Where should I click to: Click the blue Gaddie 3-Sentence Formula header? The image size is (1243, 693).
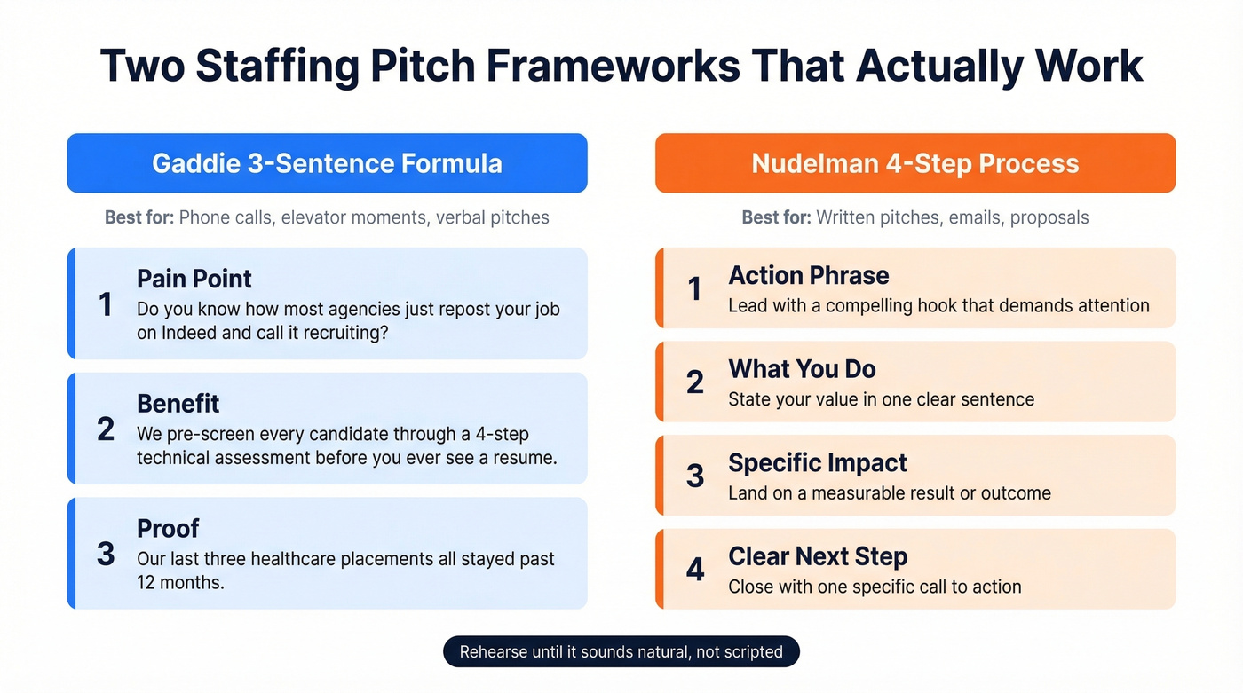[327, 163]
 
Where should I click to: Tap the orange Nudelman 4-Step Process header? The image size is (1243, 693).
[914, 163]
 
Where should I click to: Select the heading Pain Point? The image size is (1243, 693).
[194, 279]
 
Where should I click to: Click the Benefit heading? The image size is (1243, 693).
[178, 404]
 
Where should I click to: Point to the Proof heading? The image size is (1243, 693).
[168, 528]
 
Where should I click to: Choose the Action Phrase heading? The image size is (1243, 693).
[808, 275]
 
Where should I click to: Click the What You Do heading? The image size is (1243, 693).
[802, 369]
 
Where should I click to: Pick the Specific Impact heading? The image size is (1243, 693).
[817, 463]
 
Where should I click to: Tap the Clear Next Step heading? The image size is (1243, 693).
[817, 556]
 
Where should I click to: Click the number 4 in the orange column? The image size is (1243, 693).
[695, 570]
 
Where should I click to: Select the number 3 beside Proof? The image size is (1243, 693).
[106, 554]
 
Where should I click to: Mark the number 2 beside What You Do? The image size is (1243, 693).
[695, 382]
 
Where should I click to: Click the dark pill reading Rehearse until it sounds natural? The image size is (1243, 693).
[621, 652]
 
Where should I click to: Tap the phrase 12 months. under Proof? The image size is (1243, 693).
[180, 583]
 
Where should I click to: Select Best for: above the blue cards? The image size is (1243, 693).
[139, 217]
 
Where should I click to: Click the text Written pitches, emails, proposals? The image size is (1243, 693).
[952, 217]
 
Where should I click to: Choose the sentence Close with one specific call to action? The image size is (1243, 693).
[875, 587]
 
